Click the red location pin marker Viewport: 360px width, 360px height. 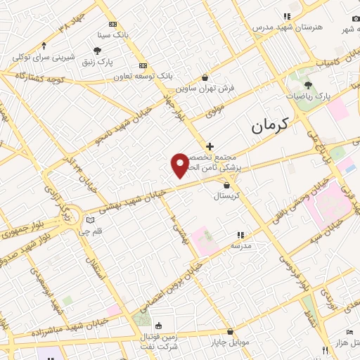point(180,164)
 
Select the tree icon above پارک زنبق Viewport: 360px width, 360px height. point(97,50)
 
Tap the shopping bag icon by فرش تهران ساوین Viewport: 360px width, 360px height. point(205,78)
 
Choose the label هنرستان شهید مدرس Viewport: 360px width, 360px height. point(287,27)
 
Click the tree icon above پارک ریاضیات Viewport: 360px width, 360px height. point(308,84)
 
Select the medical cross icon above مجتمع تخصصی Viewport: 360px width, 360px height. point(210,146)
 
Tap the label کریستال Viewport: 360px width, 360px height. point(226,197)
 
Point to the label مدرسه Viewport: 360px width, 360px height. point(240,246)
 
